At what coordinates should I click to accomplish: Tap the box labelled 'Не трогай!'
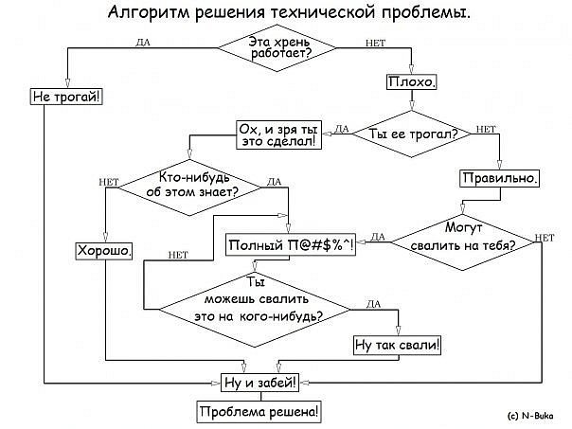[x=67, y=97]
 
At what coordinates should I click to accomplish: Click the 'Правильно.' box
[x=500, y=177]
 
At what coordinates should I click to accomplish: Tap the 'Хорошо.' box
[x=104, y=251]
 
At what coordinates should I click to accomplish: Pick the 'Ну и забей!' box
[x=259, y=384]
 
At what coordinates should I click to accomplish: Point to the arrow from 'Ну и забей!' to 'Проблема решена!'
[x=259, y=398]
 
